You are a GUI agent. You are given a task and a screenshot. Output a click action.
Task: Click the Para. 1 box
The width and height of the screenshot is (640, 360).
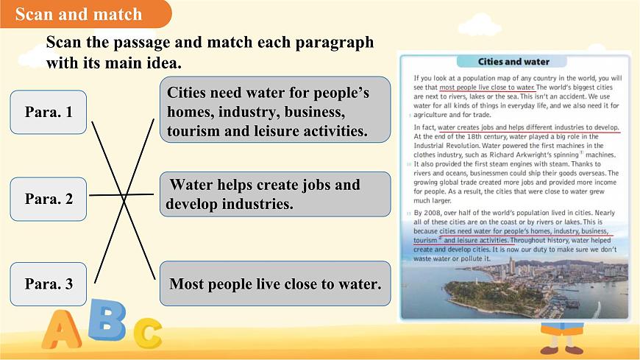[x=49, y=112]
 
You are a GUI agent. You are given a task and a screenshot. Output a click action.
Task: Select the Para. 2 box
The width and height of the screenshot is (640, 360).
[x=49, y=199]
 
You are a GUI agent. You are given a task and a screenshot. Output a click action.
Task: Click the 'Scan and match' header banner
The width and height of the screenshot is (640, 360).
[x=81, y=14]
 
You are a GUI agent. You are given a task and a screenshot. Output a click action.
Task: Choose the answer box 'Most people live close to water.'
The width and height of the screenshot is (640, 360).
[x=275, y=283]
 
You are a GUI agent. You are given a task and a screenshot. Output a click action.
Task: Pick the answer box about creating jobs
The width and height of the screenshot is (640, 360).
[x=275, y=194]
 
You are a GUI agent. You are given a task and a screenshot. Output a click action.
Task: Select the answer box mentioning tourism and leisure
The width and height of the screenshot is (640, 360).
[x=275, y=113]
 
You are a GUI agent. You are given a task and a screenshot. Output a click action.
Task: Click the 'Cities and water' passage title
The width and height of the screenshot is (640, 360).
[x=513, y=62]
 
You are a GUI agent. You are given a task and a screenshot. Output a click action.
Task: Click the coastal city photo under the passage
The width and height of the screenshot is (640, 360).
[x=513, y=290]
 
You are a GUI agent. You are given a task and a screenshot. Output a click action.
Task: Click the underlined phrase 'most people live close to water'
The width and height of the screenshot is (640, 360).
[x=487, y=87]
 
